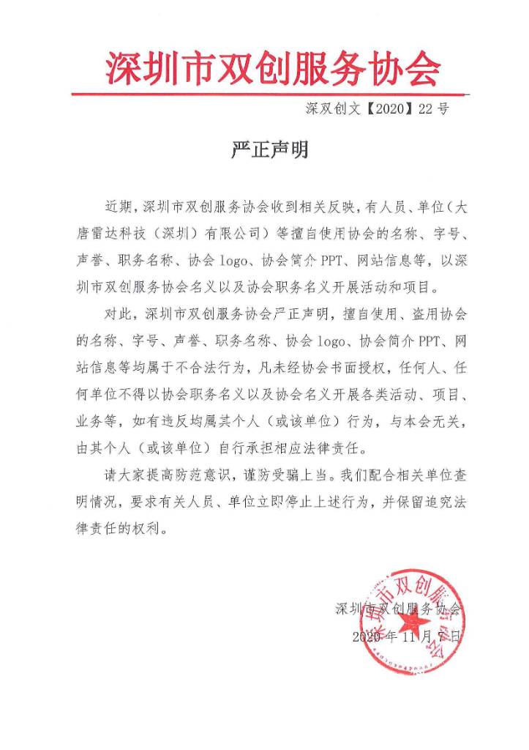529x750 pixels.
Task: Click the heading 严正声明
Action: tap(265, 150)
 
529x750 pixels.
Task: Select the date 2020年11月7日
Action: tap(408, 636)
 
